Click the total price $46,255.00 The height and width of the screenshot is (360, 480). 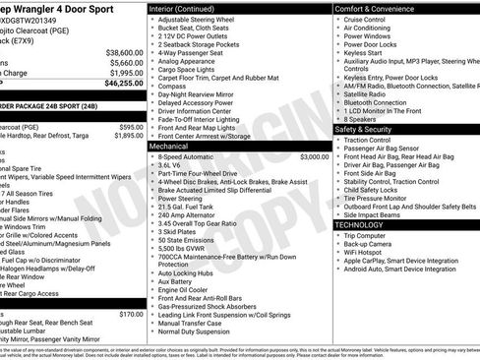tap(120, 85)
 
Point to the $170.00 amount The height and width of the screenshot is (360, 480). tap(131, 315)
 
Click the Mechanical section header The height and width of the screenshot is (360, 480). tap(169, 145)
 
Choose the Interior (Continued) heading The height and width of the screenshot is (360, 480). tap(190, 8)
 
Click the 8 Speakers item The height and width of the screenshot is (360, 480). tap(361, 119)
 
